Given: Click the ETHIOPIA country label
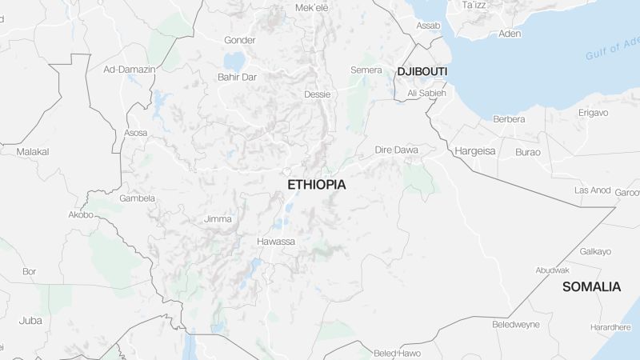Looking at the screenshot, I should [x=317, y=184].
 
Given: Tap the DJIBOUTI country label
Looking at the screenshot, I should [x=422, y=72].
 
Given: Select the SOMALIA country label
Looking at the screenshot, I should [x=591, y=286].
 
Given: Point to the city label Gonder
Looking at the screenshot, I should [x=239, y=40].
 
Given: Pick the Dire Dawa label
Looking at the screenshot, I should [x=397, y=150].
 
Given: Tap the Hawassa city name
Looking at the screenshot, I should [x=276, y=242].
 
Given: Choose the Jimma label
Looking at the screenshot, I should [x=218, y=219].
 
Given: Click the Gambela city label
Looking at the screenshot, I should [x=137, y=198].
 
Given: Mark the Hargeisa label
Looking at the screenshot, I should [x=475, y=150].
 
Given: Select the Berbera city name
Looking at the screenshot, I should [x=509, y=119].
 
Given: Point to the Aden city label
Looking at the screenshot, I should [x=510, y=34].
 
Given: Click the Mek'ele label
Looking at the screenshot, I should [x=312, y=8].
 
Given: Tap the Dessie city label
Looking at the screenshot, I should [x=317, y=94].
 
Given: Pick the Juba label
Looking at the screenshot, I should [x=30, y=320].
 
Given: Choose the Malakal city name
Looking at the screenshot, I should [x=33, y=151].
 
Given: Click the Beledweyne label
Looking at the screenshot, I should [x=516, y=325].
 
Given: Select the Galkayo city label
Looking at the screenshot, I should [x=595, y=251].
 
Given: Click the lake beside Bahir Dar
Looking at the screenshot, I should [x=234, y=61].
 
